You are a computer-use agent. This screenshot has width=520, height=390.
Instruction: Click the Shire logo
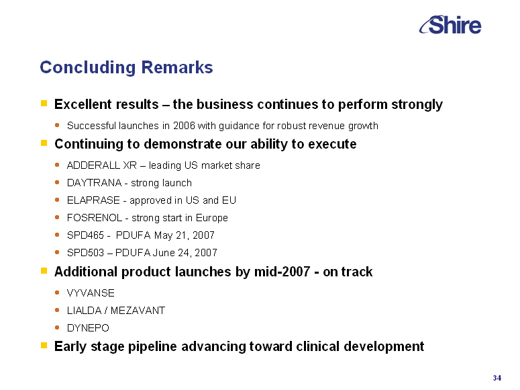click(450, 25)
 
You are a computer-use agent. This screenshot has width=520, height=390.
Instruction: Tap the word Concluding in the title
click(88, 68)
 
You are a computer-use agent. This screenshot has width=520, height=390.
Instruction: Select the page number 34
click(497, 378)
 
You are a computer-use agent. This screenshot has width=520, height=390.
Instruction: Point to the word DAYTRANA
click(95, 182)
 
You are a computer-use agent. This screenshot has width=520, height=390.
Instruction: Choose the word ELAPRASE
click(93, 200)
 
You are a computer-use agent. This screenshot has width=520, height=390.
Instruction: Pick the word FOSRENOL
click(95, 218)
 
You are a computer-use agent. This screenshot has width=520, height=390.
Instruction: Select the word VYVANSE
click(91, 293)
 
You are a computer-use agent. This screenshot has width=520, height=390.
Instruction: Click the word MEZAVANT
click(138, 311)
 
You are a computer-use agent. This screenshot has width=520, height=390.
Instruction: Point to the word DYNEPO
click(88, 328)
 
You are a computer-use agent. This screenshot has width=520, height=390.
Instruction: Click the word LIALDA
click(85, 311)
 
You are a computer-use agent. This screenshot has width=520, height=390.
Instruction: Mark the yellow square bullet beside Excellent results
click(44, 103)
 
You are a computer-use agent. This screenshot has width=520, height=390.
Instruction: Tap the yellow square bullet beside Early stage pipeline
click(44, 345)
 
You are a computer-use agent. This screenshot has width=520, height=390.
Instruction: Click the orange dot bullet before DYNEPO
click(57, 327)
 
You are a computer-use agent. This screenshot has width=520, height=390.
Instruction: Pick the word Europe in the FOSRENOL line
click(212, 218)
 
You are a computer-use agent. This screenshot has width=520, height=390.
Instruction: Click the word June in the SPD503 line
click(164, 253)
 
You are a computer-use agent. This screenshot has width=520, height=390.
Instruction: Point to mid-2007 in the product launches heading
click(282, 272)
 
